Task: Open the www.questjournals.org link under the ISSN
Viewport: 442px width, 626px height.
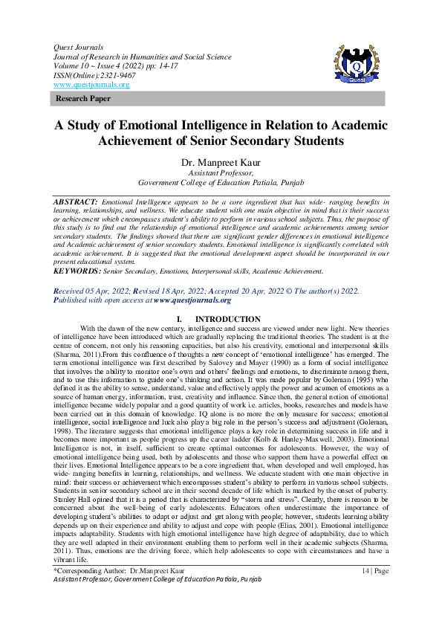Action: pos(91,85)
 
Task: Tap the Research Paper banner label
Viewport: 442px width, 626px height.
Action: pos(82,98)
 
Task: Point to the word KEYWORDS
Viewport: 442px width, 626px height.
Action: pos(77,272)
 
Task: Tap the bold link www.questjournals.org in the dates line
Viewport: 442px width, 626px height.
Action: pos(192,300)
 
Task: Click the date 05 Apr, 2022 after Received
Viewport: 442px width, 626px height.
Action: pos(111,291)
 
